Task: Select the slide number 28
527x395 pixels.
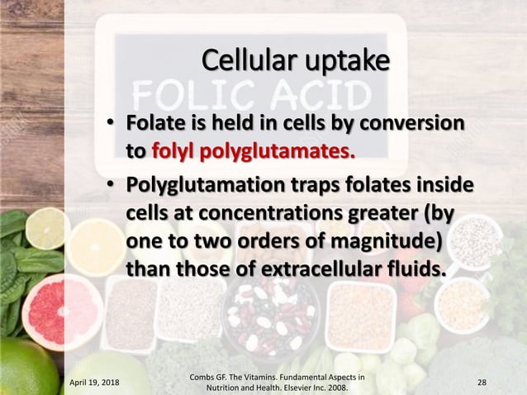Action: click(482, 382)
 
